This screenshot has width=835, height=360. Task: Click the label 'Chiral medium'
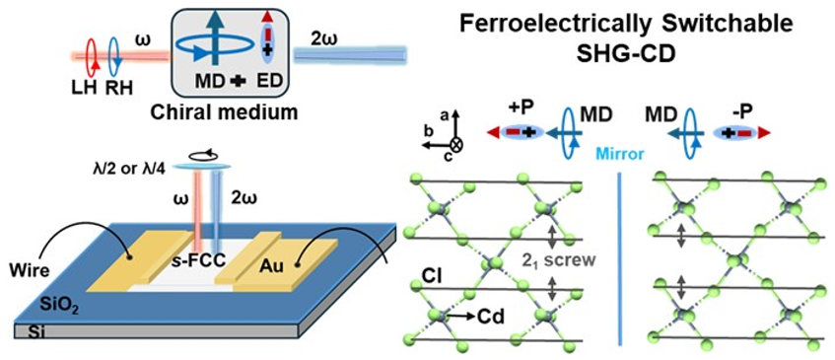coord(224,112)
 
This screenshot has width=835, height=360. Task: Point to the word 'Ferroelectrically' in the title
coord(552,20)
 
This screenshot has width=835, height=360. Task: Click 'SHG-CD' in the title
coord(618,46)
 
